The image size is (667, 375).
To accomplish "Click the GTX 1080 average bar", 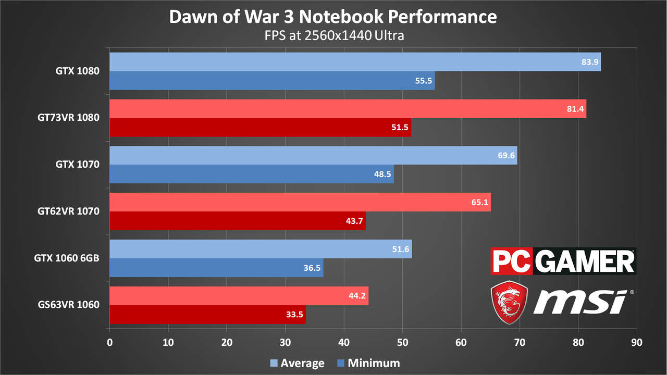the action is click(355, 62).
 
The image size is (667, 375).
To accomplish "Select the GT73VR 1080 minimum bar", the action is click(260, 128).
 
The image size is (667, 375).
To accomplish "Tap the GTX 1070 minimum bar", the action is click(252, 174).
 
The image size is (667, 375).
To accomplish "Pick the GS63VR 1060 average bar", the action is click(239, 296).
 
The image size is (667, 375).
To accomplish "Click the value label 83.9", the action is click(590, 62).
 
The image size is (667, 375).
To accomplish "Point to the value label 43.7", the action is click(354, 221).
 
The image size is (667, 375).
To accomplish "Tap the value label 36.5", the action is click(312, 268).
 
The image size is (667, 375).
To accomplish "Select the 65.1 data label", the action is click(480, 203).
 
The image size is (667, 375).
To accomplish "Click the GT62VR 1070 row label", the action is click(68, 211).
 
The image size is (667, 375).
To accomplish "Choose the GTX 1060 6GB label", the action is click(67, 258).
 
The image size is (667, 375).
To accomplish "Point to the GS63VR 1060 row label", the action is click(68, 305).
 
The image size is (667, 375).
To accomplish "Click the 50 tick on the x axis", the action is click(402, 343).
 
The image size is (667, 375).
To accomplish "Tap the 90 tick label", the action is click(637, 343).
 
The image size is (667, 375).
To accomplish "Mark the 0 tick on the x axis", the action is click(109, 343).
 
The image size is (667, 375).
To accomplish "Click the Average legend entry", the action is click(298, 363).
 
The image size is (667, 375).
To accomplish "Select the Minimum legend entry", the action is click(368, 363).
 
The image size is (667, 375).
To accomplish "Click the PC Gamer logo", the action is click(563, 261).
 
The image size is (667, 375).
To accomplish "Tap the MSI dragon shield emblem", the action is click(510, 303).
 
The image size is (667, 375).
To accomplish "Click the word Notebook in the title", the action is click(341, 17).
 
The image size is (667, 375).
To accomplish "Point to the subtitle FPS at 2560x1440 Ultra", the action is click(334, 35).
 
